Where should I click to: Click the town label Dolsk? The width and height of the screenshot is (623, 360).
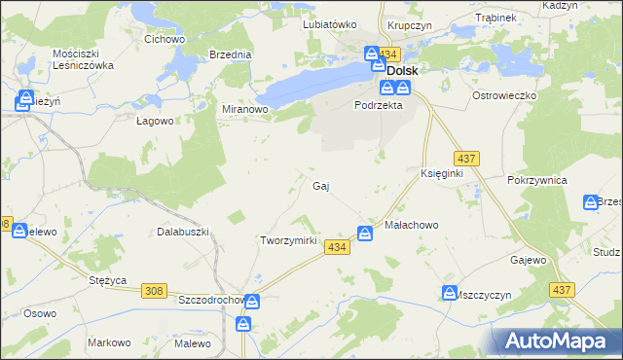[403, 71]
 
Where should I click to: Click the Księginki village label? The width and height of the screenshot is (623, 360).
[441, 173]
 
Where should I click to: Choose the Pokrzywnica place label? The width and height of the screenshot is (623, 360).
[537, 181]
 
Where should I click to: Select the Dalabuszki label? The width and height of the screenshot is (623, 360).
[184, 232]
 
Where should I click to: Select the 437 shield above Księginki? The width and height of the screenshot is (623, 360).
[464, 158]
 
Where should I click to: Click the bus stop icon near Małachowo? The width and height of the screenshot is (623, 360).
[365, 234]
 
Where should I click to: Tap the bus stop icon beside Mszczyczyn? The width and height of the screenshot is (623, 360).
[450, 292]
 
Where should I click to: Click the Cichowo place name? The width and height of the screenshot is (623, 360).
[165, 39]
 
